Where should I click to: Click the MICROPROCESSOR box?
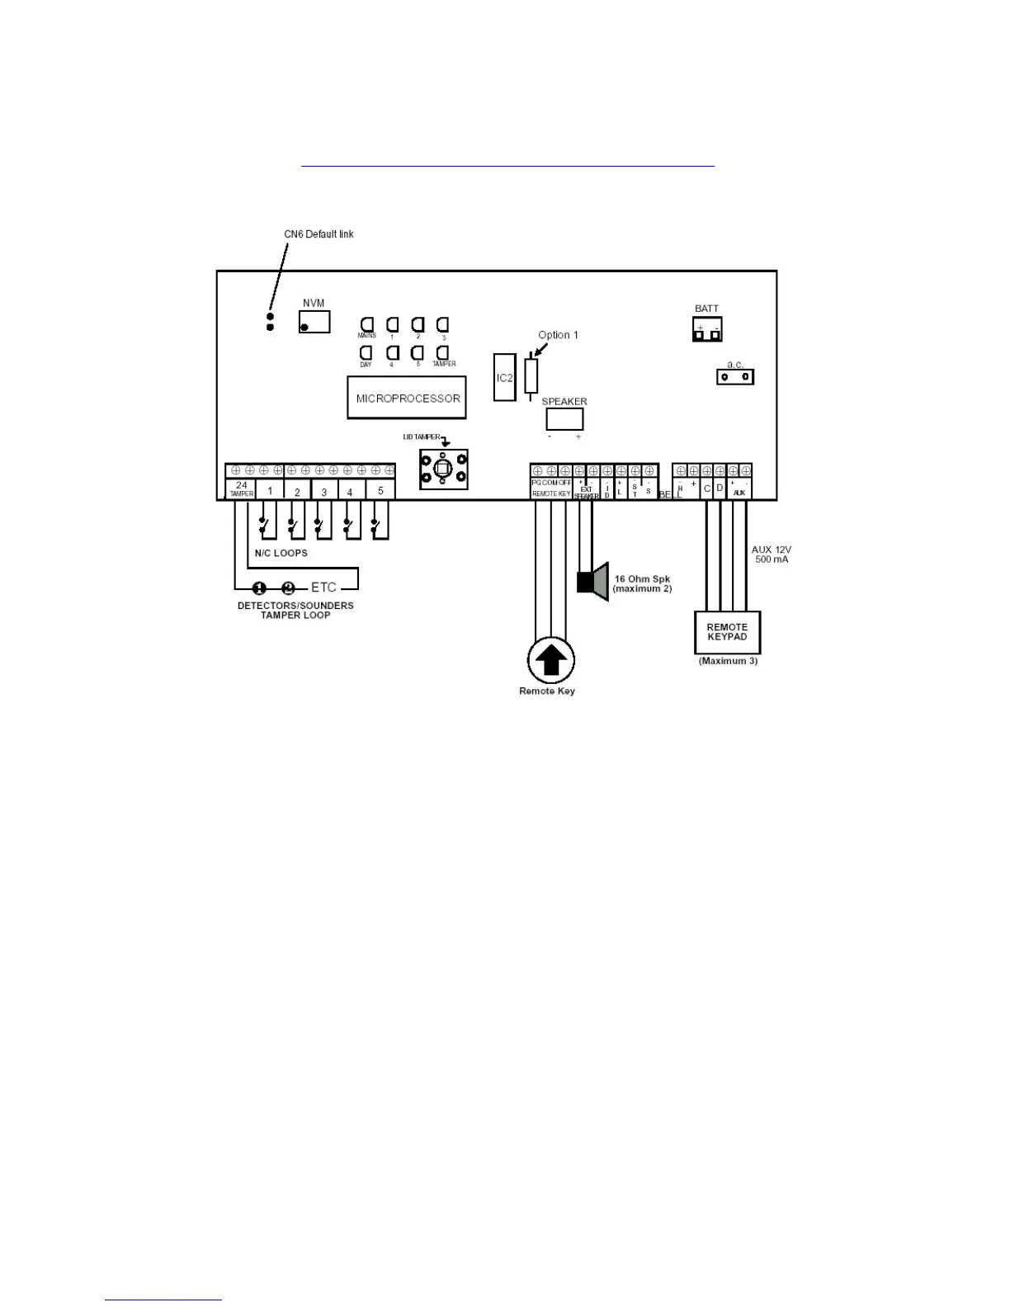(407, 398)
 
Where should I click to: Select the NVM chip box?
(314, 322)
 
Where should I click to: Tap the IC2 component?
(504, 378)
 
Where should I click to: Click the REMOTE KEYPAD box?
(727, 632)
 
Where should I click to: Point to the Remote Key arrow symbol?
(550, 660)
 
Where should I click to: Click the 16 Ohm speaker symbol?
(592, 582)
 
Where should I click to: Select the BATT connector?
(707, 329)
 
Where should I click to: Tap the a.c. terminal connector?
(734, 377)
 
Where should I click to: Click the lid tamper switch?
(443, 469)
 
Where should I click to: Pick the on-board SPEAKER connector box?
(564, 419)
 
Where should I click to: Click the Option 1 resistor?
(531, 375)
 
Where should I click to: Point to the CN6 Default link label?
(319, 234)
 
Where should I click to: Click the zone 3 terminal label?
(323, 492)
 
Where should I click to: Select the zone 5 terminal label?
(380, 491)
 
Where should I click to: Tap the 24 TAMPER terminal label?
(242, 489)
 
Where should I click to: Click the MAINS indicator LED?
(366, 324)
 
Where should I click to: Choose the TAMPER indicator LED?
(442, 352)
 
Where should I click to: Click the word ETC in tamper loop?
(323, 587)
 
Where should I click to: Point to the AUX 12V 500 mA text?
(772, 554)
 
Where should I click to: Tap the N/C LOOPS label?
(281, 553)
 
